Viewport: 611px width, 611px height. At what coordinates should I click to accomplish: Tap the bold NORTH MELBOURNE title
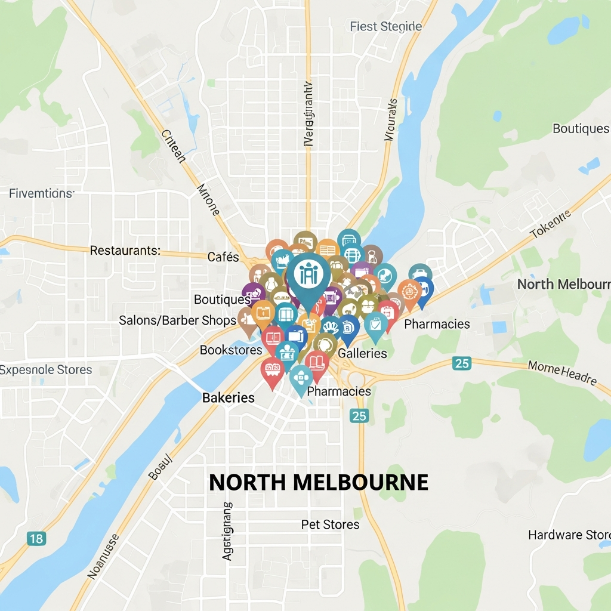point(319,482)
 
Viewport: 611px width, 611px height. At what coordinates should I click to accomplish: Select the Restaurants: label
point(125,251)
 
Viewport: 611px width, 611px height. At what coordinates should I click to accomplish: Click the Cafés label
point(223,257)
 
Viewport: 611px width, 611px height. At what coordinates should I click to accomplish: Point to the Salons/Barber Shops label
point(177,320)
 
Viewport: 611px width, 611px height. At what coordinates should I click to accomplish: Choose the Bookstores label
point(231,350)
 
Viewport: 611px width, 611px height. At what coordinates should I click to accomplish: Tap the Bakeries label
point(229,397)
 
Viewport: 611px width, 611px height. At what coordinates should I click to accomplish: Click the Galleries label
point(362,353)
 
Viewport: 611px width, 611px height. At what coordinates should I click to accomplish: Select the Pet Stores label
point(330,524)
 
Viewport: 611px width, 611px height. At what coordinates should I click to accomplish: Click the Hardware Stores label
point(569,535)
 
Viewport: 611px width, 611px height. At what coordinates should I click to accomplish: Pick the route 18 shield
point(36,539)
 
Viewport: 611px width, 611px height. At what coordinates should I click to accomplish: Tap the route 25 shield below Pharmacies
point(359,416)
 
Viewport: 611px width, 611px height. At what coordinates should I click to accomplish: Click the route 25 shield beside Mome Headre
point(461,363)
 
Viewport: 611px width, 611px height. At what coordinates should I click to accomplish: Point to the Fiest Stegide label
point(385,26)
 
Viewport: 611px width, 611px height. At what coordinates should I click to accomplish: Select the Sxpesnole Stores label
point(46,370)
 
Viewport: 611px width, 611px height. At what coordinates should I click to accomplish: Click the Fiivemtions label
point(41,193)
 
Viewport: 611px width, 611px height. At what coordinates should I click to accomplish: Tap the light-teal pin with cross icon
point(301,378)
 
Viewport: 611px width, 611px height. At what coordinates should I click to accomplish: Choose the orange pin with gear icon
point(409,292)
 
